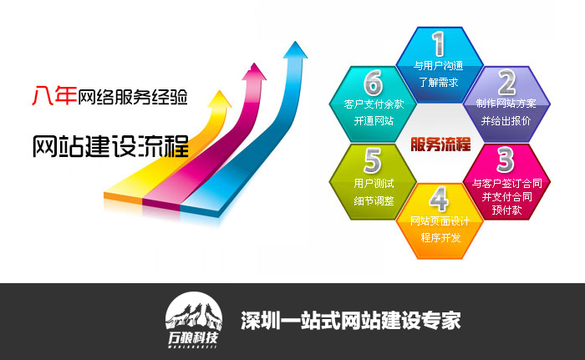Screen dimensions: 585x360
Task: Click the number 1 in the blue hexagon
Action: click(439, 43)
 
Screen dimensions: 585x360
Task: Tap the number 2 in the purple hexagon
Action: click(506, 83)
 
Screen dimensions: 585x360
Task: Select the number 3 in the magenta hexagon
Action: click(506, 160)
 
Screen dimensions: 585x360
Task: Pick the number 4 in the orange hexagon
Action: click(439, 199)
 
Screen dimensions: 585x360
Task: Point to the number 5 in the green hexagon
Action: click(373, 160)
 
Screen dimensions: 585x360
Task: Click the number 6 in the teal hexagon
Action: click(373, 83)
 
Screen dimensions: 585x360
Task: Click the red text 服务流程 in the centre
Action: click(440, 144)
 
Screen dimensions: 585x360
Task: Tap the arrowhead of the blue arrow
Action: click(296, 50)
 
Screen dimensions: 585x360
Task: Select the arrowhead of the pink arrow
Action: click(254, 72)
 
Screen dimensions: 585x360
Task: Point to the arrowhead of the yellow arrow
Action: click(219, 99)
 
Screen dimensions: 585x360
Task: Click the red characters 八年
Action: click(54, 95)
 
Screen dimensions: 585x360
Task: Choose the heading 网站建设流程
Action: click(110, 146)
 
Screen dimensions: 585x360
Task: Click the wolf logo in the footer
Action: click(194, 320)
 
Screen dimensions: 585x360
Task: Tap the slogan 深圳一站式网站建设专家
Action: click(351, 320)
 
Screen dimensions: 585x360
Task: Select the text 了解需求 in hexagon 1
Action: click(439, 82)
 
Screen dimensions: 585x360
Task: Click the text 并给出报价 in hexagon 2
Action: click(506, 120)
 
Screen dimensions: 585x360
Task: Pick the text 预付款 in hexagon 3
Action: click(506, 210)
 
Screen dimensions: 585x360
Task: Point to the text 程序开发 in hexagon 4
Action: click(440, 238)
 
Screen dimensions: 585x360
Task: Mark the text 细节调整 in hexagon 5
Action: click(374, 201)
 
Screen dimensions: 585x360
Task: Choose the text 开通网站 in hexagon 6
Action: click(374, 120)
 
